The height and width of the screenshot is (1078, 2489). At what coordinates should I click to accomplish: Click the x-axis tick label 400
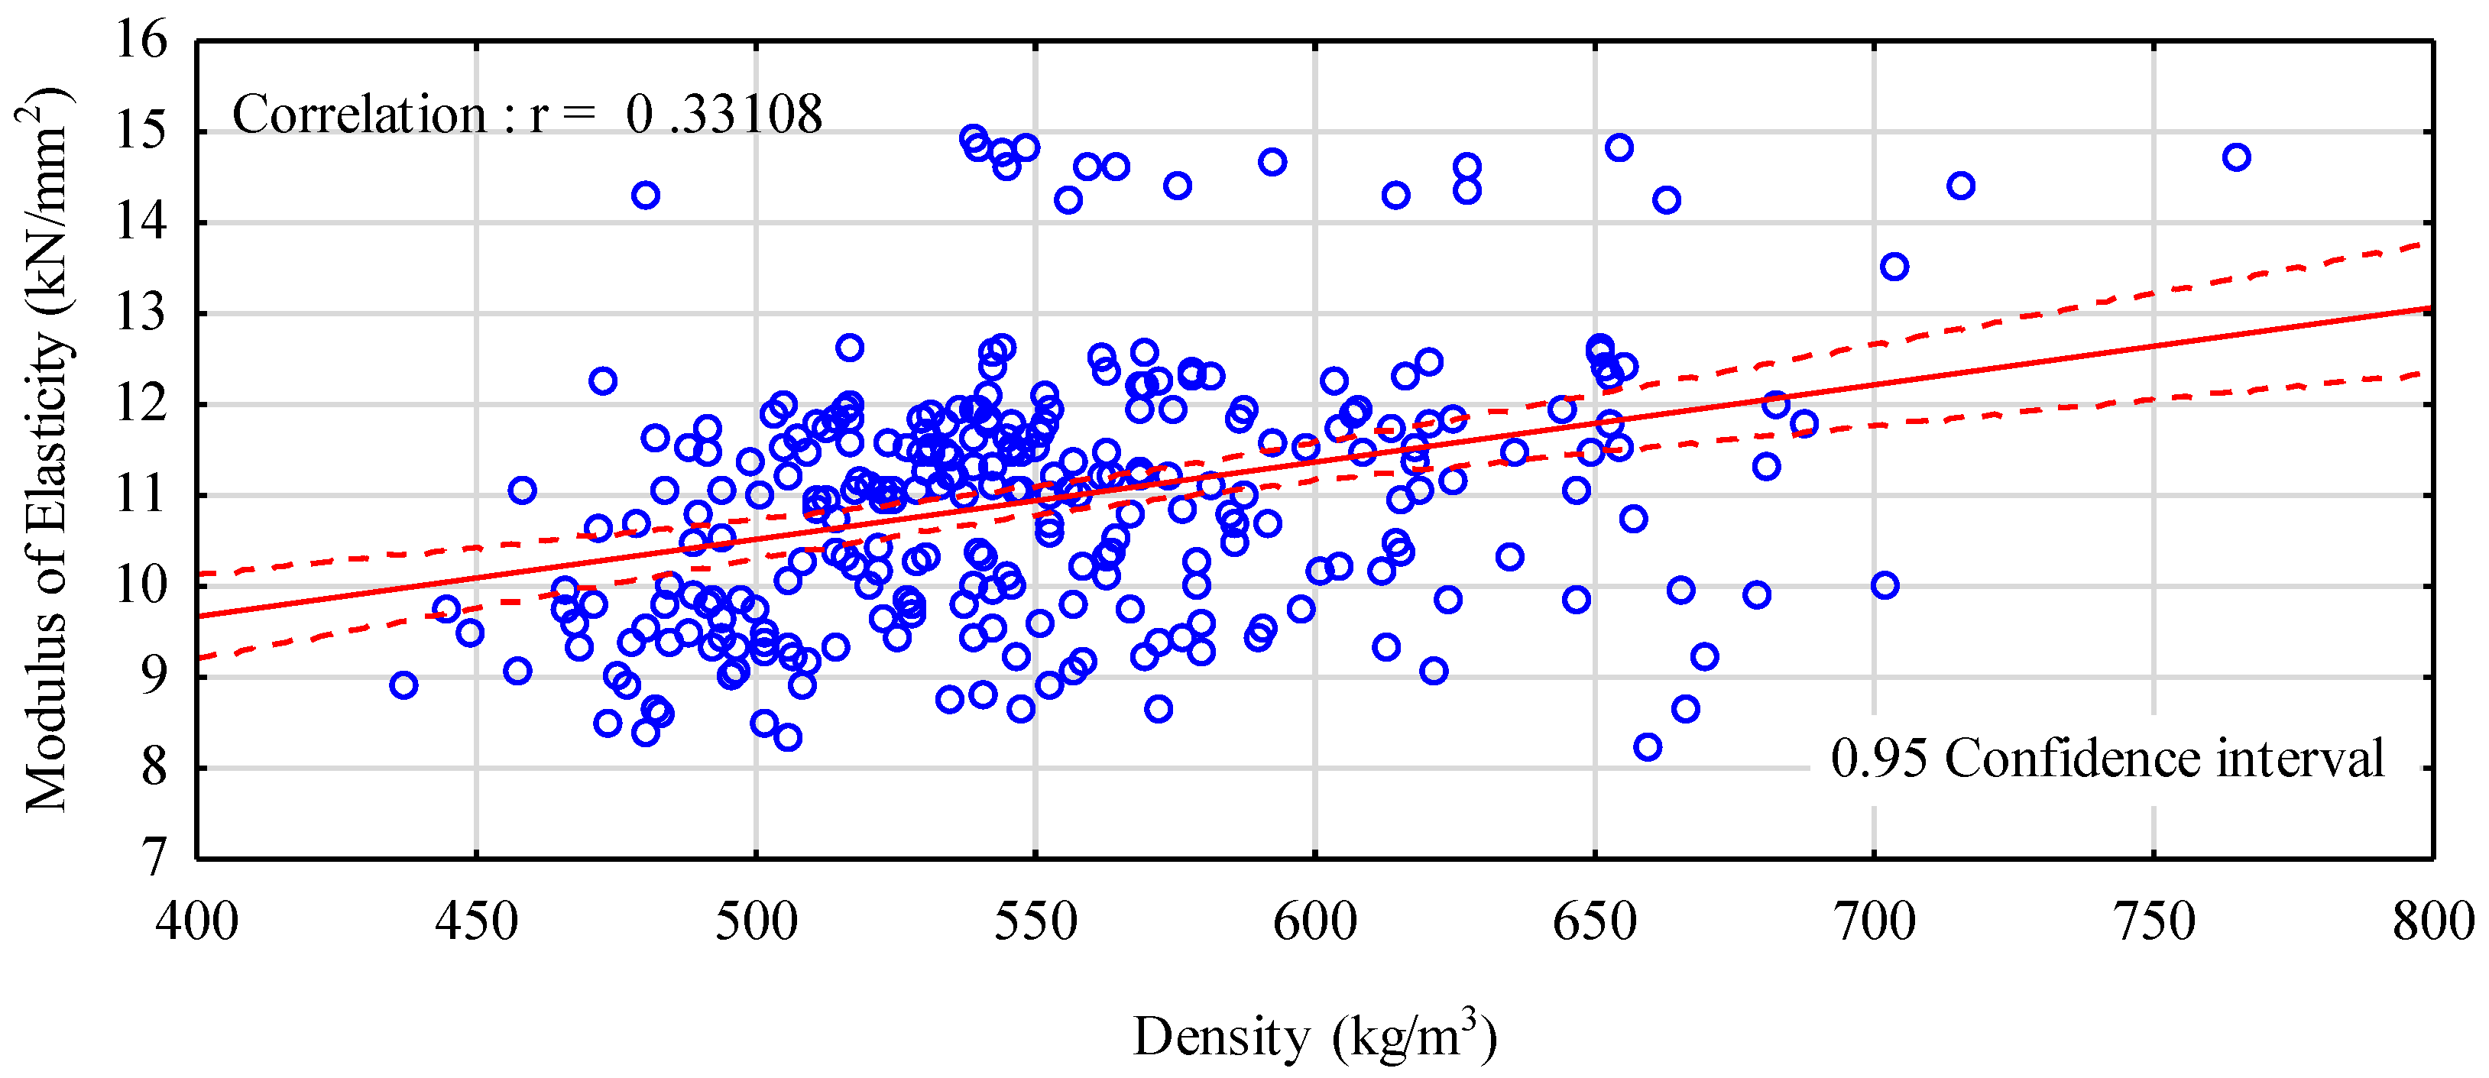point(197,921)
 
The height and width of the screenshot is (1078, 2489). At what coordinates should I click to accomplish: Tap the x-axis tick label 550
point(1035,921)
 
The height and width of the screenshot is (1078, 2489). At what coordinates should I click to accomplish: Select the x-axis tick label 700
point(1875,921)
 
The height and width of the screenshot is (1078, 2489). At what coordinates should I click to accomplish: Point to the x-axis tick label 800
point(2431,921)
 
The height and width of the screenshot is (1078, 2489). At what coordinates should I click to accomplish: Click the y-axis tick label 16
point(141,40)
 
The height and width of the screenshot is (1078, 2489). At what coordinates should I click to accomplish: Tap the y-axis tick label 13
point(141,314)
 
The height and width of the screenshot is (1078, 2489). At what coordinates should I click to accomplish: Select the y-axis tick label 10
point(141,585)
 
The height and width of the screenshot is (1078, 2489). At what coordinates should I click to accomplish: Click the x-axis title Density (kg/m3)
point(1314,1038)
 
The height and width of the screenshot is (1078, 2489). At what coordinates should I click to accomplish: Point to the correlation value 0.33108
point(724,114)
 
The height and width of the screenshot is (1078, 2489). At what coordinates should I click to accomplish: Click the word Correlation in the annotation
point(359,114)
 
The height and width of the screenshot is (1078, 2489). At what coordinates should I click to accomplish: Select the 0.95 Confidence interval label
point(2106,759)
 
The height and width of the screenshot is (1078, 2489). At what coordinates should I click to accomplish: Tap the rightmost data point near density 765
point(2237,157)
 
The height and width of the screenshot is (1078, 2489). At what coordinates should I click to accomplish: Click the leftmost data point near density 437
point(404,685)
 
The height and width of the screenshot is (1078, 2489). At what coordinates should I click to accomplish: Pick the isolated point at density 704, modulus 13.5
point(1894,267)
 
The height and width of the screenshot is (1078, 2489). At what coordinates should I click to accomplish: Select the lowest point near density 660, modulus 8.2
point(1648,746)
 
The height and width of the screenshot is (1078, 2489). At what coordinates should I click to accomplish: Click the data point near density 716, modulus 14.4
point(1960,186)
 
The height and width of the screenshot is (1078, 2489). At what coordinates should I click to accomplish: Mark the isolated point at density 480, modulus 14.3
point(646,195)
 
